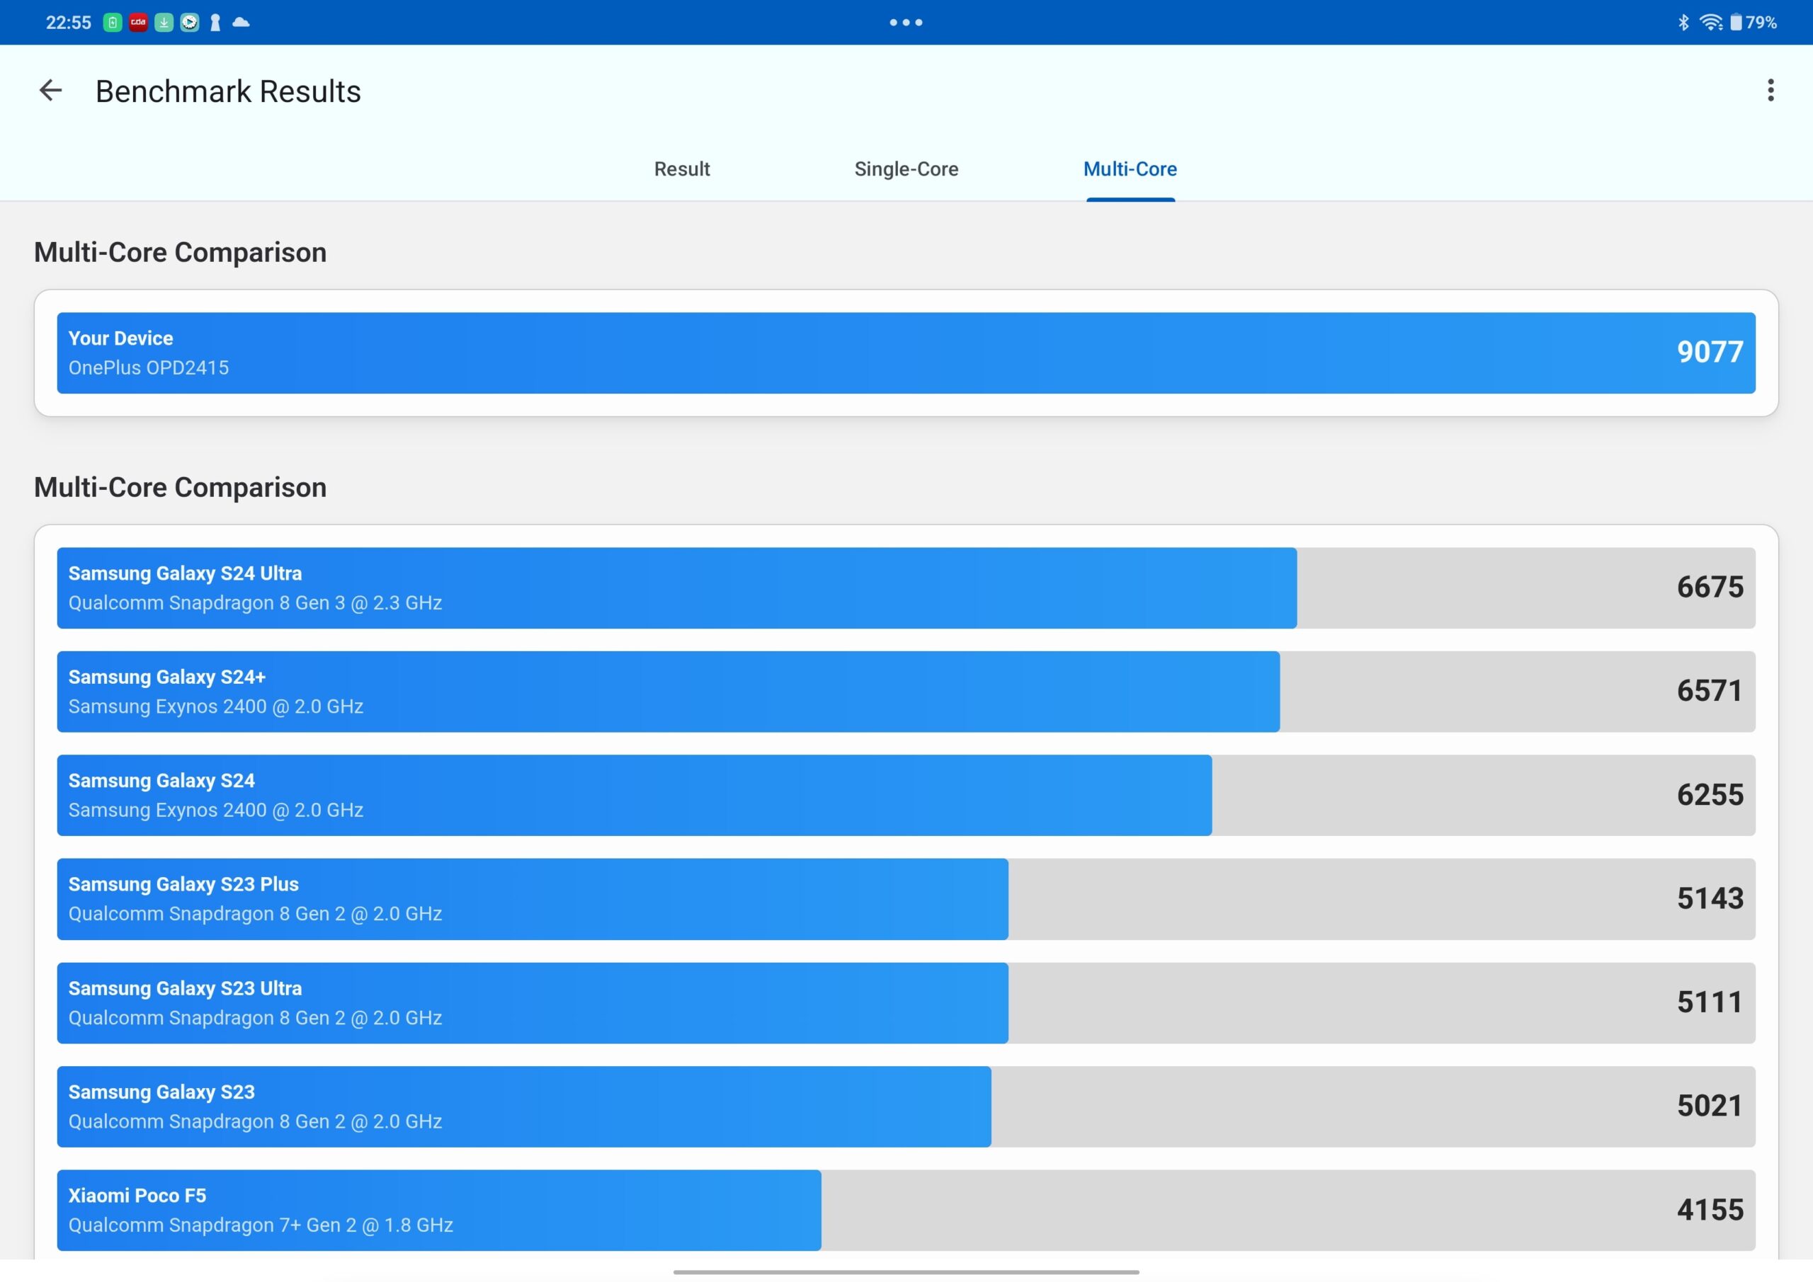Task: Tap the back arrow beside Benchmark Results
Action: pyautogui.click(x=50, y=91)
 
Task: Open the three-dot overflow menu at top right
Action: pyautogui.click(x=1771, y=91)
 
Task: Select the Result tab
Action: pyautogui.click(x=682, y=169)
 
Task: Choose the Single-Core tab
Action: pyautogui.click(x=906, y=169)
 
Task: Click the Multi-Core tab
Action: pyautogui.click(x=1130, y=169)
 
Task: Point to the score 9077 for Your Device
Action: pyautogui.click(x=1710, y=352)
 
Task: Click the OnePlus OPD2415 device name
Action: pyautogui.click(x=149, y=368)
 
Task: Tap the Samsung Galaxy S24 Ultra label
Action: pyautogui.click(x=185, y=573)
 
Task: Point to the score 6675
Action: pyautogui.click(x=1710, y=588)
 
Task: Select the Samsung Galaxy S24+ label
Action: pyautogui.click(x=166, y=677)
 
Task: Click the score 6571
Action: pyautogui.click(x=1710, y=691)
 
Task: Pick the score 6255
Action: pyautogui.click(x=1710, y=795)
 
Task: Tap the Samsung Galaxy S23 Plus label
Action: pyautogui.click(x=183, y=884)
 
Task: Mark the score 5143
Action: pyautogui.click(x=1710, y=898)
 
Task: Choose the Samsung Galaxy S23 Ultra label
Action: pyautogui.click(x=185, y=988)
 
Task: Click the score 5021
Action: pyautogui.click(x=1710, y=1106)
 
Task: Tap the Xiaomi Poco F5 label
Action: pyautogui.click(x=137, y=1196)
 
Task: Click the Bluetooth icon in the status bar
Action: pyautogui.click(x=1683, y=22)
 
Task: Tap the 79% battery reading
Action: pyautogui.click(x=1761, y=22)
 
